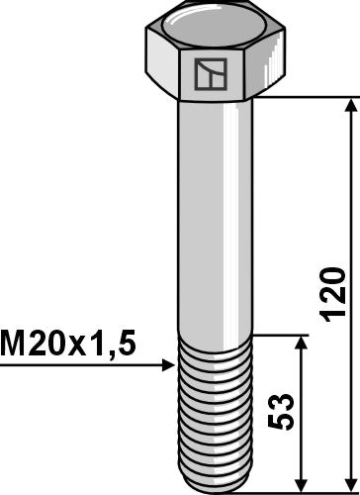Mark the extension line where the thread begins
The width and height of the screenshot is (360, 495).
point(282,334)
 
